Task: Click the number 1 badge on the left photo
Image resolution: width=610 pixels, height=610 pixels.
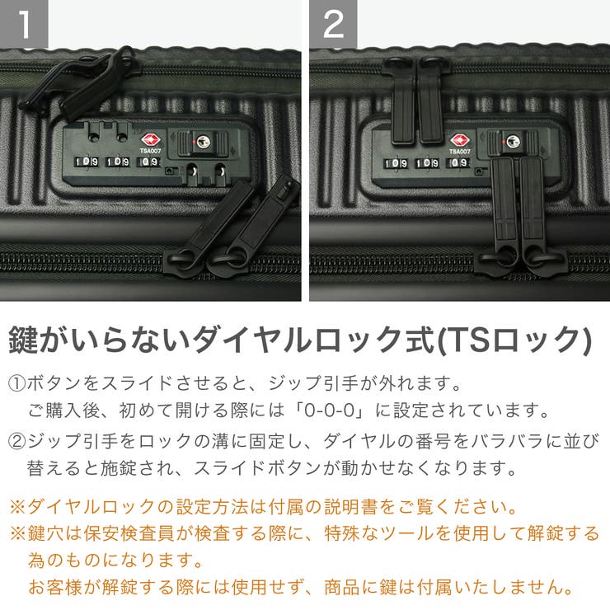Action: coord(24,24)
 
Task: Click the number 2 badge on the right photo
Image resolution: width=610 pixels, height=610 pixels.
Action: coord(333,24)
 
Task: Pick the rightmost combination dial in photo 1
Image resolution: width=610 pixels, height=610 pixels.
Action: coord(151,162)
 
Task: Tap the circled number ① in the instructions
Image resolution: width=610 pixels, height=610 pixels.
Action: coord(17,384)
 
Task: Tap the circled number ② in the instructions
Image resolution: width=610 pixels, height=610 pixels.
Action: coord(17,440)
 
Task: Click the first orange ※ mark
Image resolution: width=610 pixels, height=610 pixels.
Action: coord(17,505)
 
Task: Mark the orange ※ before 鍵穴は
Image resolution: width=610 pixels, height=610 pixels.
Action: coord(17,533)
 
